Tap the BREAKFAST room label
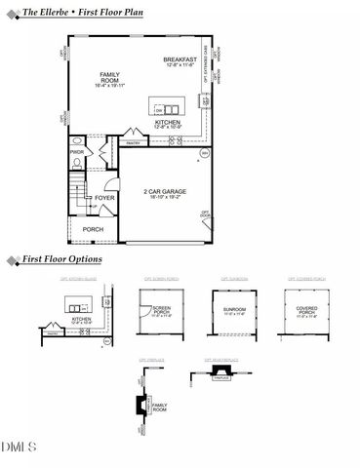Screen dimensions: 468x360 pos(180,59)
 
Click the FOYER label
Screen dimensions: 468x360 pos(104,198)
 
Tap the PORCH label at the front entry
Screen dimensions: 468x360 pos(93,229)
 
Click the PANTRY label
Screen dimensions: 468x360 pos(134,142)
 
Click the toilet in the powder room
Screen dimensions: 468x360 pos(77,164)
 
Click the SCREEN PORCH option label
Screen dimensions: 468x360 pos(161,312)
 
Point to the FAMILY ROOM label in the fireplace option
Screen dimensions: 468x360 pos(159,407)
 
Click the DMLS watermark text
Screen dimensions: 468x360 pos(19,448)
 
